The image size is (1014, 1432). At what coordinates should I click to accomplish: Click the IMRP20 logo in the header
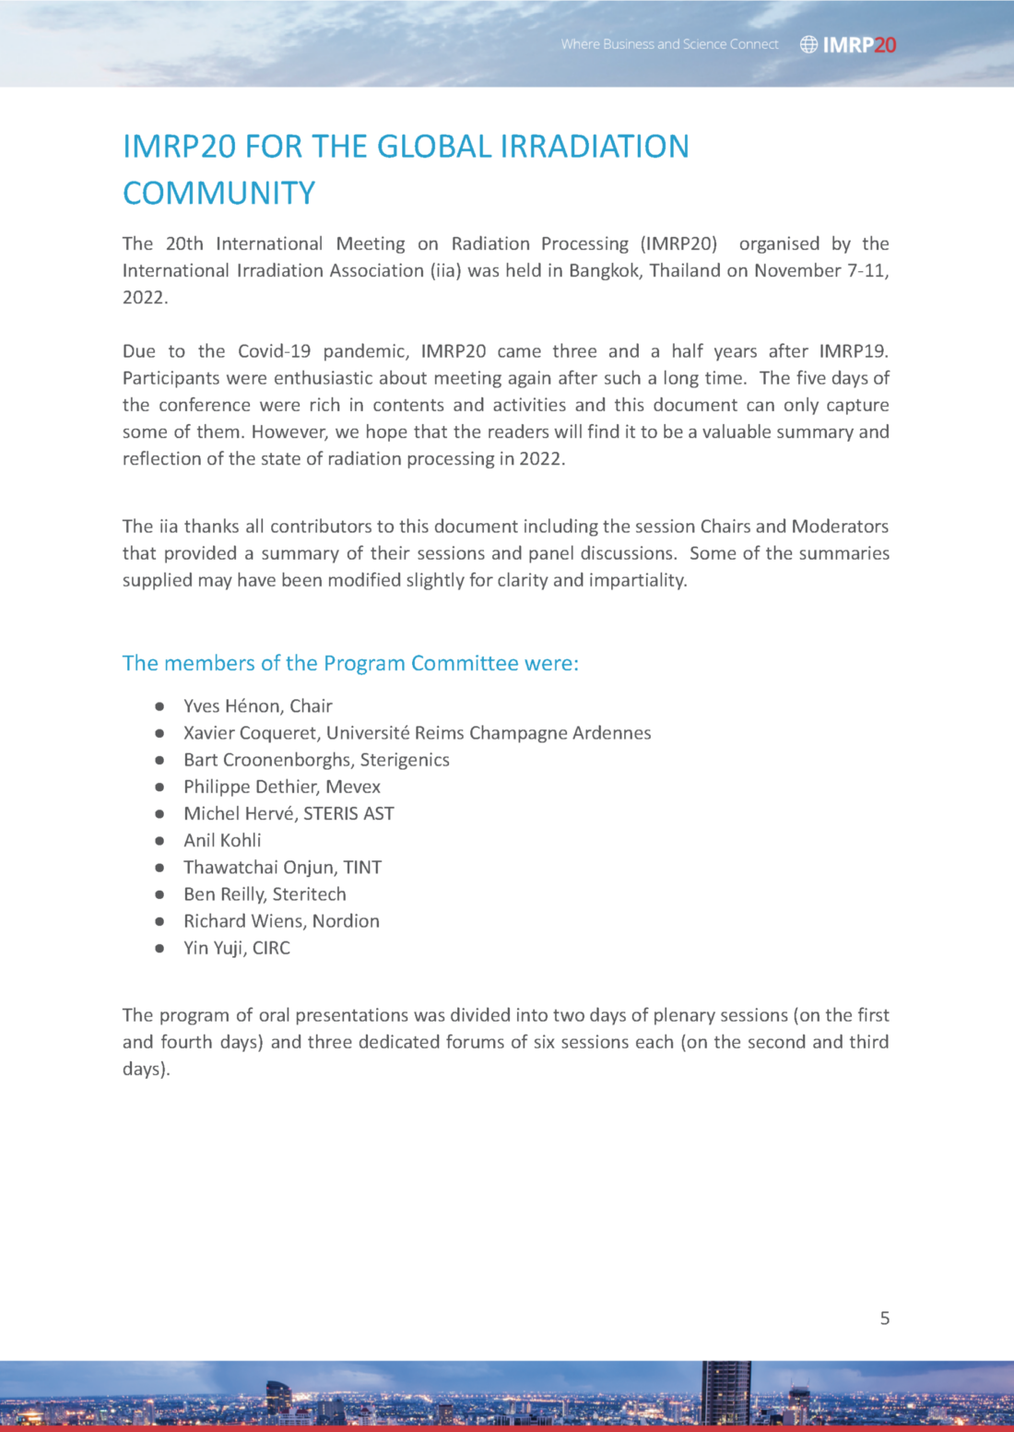[859, 44]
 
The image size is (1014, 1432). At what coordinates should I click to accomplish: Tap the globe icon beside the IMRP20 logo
[808, 44]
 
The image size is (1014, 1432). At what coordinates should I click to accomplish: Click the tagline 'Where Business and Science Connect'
[669, 44]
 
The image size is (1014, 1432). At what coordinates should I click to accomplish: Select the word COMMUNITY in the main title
[219, 194]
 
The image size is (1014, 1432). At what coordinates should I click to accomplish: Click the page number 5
[885, 1318]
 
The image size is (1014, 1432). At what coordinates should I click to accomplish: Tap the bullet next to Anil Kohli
[159, 841]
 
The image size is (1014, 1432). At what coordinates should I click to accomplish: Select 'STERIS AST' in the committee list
[348, 814]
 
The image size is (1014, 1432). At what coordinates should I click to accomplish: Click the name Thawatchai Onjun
[259, 868]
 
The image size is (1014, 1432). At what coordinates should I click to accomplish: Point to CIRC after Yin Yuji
[271, 948]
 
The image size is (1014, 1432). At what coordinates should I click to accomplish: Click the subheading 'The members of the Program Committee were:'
[350, 664]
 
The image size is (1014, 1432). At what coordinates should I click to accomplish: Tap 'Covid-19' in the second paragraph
[274, 351]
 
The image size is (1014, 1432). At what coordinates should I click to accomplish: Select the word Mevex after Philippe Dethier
[353, 787]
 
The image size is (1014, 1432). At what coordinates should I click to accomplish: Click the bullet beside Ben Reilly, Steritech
[159, 894]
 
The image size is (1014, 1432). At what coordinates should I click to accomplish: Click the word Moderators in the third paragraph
[840, 527]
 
